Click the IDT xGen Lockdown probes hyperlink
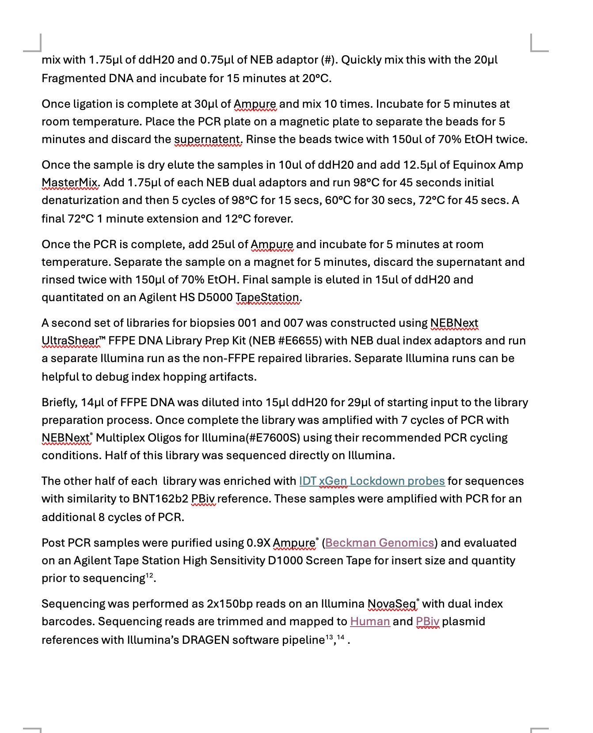point(372,481)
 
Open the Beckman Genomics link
point(380,543)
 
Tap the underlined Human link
point(370,621)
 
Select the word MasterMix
point(70,182)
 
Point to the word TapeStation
point(267,297)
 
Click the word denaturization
point(83,200)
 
